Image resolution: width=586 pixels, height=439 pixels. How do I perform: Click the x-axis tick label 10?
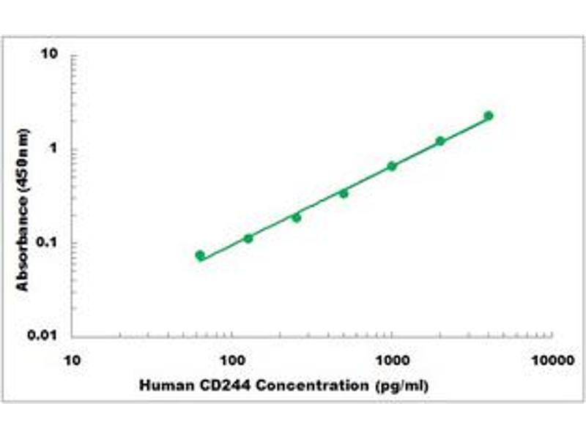click(72, 360)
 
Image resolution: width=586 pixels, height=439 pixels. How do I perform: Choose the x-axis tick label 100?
click(232, 360)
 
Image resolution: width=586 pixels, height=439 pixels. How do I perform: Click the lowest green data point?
click(200, 255)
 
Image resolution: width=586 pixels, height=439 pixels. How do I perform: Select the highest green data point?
click(489, 116)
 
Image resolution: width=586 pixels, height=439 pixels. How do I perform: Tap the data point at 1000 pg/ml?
click(392, 166)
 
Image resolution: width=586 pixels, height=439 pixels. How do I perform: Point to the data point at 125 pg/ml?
click(248, 239)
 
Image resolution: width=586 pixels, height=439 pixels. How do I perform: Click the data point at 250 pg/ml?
click(296, 217)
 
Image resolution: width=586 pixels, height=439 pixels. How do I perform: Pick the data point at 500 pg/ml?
click(344, 193)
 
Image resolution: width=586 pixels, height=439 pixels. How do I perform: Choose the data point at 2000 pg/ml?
click(440, 141)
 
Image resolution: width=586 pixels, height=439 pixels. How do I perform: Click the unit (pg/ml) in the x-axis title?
click(401, 385)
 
